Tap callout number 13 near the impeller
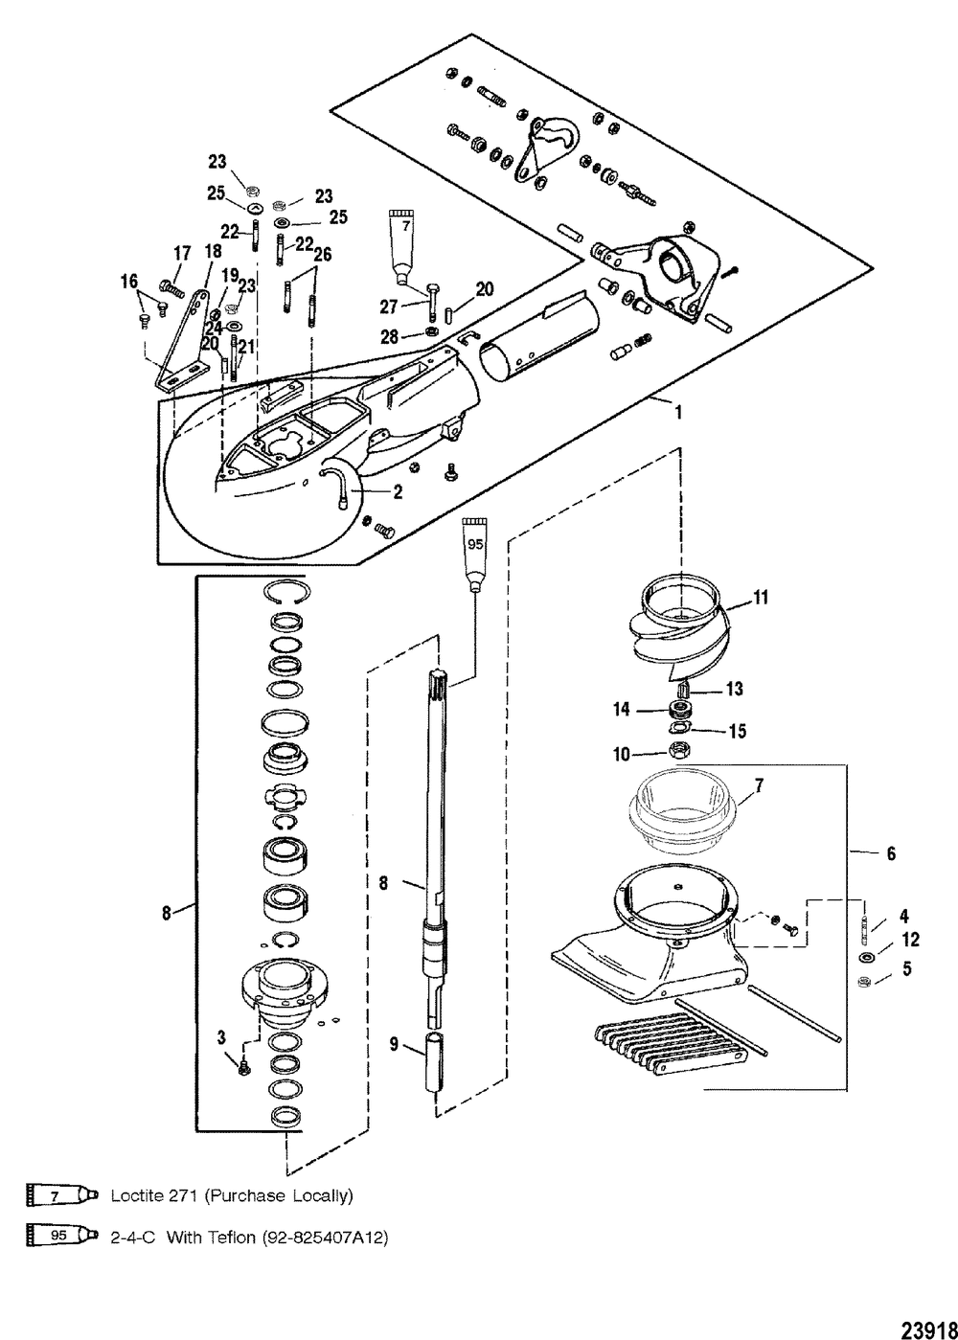(734, 689)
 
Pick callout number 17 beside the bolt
(182, 254)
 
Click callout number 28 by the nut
(390, 337)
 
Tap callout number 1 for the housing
(678, 413)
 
